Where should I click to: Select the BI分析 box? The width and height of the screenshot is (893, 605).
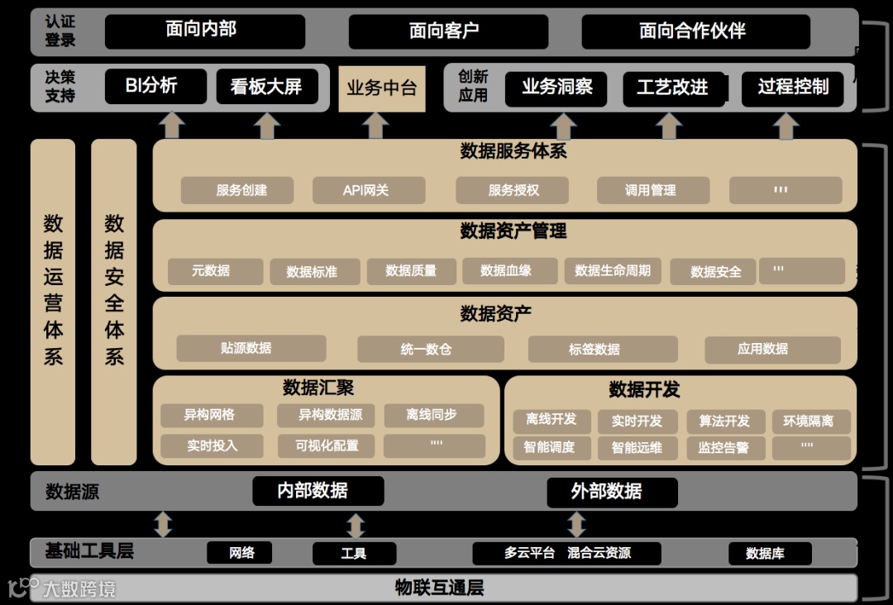155,86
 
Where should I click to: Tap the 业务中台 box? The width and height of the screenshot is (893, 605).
381,88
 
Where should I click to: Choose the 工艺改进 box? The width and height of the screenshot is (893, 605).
673,88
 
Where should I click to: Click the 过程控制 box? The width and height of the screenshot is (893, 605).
793,88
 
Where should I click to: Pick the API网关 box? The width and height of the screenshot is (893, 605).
368,190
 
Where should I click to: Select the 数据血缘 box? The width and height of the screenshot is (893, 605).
506,270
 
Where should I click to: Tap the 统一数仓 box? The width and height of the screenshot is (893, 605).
430,349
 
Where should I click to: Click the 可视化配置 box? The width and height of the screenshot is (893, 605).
327,445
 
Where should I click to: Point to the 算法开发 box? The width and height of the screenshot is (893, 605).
724,422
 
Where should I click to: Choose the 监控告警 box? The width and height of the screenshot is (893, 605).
724,448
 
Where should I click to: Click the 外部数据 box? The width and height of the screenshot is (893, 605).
612,492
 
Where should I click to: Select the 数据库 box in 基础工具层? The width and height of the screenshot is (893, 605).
765,553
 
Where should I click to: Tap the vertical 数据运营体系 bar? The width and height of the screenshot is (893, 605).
53,302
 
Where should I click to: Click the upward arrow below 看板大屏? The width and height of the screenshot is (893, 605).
267,126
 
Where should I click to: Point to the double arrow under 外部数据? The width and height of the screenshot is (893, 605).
576,524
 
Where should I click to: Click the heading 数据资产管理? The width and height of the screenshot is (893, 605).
513,231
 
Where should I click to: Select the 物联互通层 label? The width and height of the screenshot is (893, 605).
439,588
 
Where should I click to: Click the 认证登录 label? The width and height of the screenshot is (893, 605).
60,31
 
